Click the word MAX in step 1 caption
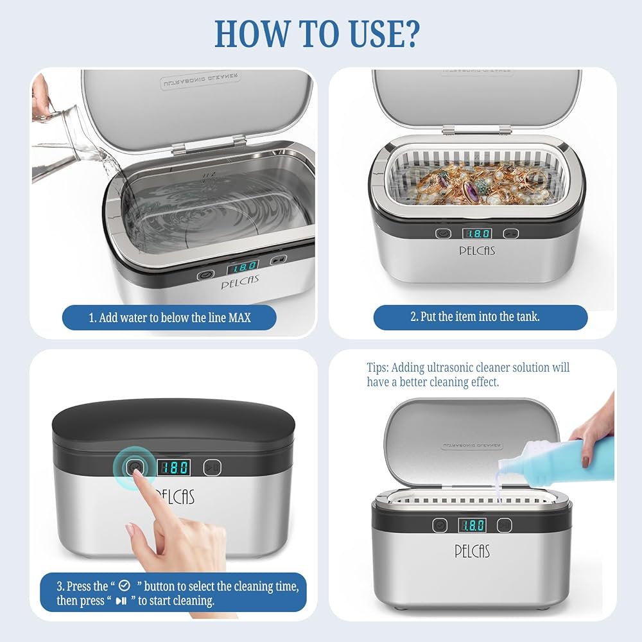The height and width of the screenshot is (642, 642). click(239, 318)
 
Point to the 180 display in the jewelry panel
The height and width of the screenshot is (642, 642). click(477, 234)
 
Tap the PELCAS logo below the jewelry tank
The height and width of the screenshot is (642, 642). click(477, 250)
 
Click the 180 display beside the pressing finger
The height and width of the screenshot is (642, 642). click(174, 467)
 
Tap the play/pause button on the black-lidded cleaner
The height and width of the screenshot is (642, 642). click(212, 467)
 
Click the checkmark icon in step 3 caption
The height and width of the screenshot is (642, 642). click(124, 586)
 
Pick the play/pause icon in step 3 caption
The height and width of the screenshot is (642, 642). click(121, 601)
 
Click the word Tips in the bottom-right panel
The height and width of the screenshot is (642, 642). click(377, 368)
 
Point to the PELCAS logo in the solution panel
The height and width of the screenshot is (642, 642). click(472, 551)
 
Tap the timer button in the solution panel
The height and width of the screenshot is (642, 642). click(440, 525)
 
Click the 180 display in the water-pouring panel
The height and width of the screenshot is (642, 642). click(243, 267)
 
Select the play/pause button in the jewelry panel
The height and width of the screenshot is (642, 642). click(510, 234)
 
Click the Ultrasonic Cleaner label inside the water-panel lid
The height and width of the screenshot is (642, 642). click(200, 81)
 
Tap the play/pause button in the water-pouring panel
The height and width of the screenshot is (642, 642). click(279, 259)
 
